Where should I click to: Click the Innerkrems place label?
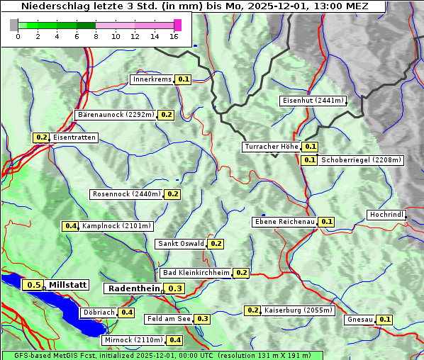coord(152,79)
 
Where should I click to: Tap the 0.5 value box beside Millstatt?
coord(33,285)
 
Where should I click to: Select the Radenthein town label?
coord(134,288)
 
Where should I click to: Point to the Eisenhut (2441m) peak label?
coord(313,101)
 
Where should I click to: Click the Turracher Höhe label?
coord(271,147)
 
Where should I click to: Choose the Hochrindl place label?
coord(386,215)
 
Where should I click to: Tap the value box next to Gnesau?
coord(384,320)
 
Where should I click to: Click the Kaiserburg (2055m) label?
coord(294,310)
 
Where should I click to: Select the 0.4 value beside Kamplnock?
coord(70,226)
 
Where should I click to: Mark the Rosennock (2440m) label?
coord(126,194)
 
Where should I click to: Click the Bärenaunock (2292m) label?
coord(115,114)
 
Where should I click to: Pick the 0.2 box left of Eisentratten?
coord(41,137)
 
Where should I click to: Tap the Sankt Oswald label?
coord(181,244)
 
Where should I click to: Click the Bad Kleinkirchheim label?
coord(196,273)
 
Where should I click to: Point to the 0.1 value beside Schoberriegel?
coord(309,160)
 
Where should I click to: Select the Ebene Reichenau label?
coord(284,222)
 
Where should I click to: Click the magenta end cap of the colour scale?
coord(177,25)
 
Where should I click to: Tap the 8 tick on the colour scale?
coord(96,36)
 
